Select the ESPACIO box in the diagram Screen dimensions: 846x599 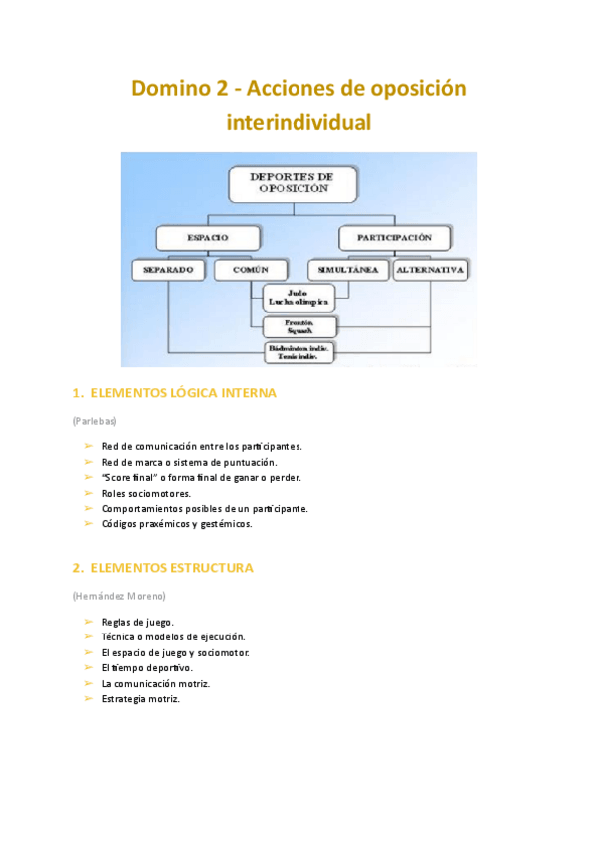[208, 238]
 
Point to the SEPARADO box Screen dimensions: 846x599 [168, 270]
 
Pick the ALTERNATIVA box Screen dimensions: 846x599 [431, 270]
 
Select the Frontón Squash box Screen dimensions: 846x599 [299, 327]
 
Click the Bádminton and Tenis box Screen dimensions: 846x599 [299, 352]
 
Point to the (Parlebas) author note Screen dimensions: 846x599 [95, 421]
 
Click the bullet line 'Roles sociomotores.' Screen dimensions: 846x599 [146, 493]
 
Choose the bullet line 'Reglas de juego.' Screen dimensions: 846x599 [138, 622]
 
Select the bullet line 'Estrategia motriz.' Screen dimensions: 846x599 [141, 699]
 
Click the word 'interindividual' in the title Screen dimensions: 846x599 [299, 124]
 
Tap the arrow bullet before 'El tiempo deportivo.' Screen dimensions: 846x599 [88, 667]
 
